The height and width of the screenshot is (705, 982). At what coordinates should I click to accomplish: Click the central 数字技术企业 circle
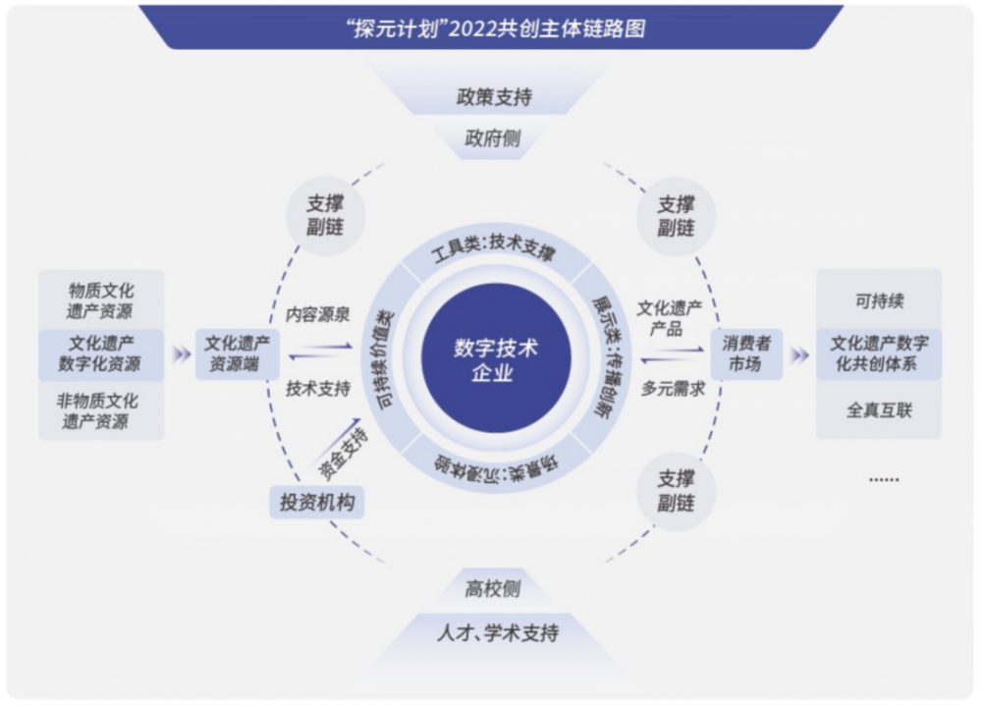[x=495, y=358]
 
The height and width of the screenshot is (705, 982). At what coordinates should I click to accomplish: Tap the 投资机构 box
[x=317, y=502]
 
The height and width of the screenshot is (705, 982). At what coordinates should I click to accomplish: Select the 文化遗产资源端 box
[x=238, y=353]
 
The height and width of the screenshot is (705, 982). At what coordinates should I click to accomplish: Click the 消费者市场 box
[x=746, y=353]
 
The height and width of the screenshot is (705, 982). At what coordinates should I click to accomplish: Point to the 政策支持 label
[x=494, y=97]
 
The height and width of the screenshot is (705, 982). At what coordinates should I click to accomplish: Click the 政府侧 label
[x=493, y=138]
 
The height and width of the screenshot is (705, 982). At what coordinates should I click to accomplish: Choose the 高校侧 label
[x=493, y=588]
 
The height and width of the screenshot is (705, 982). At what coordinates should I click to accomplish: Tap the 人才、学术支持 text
[x=498, y=633]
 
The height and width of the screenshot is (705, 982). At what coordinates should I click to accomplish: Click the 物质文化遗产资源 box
[x=101, y=300]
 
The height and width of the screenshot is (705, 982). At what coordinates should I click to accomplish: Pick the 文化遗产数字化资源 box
[x=101, y=354]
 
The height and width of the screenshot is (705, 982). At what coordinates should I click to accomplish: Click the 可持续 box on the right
[x=879, y=300]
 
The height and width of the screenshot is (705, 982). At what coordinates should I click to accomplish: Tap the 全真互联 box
[x=879, y=410]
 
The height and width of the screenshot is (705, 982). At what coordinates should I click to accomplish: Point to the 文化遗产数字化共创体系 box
[x=879, y=354]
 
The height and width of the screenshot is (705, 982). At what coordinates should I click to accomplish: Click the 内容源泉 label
[x=317, y=314]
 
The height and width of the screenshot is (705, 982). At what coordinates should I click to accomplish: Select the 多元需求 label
[x=674, y=389]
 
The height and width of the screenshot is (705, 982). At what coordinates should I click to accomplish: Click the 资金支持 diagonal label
[x=343, y=456]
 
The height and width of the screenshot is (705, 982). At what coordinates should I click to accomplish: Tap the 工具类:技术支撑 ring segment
[x=494, y=247]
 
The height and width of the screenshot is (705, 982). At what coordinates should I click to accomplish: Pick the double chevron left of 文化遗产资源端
[x=182, y=354]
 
